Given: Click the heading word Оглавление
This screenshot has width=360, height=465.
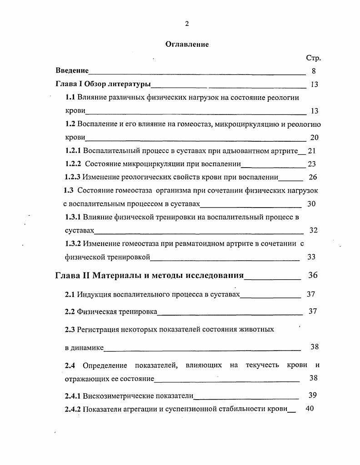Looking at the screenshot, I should [x=186, y=44].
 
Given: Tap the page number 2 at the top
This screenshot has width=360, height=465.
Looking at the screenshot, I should [x=186, y=24].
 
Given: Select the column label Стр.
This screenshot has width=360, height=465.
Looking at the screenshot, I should [x=313, y=58].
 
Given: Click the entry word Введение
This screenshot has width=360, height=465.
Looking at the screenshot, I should [x=72, y=71].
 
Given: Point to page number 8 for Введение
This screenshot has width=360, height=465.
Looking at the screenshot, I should [x=314, y=71].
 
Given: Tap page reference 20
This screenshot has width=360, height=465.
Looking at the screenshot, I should [x=314, y=138].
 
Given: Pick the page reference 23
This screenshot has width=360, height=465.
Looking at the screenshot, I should [x=312, y=164].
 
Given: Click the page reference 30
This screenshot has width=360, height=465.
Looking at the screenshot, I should [x=311, y=204].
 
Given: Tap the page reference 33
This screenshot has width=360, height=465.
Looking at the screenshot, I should [x=311, y=257].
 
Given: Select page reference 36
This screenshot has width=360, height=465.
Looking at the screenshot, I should [x=313, y=275].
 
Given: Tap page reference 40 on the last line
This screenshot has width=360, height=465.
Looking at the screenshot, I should [x=310, y=409].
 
